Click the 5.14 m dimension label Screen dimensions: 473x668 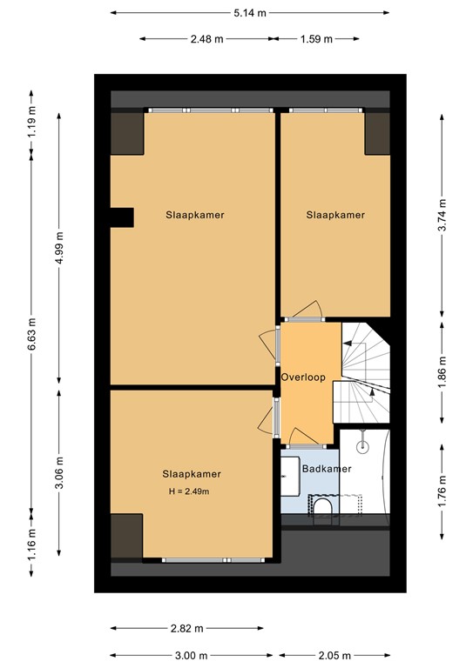[249, 13]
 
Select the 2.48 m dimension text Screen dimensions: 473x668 [206, 39]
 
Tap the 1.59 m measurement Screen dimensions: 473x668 [316, 39]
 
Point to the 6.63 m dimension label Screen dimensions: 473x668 [31, 334]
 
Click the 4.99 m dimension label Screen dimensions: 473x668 [60, 248]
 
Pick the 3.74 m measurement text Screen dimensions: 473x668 [443, 215]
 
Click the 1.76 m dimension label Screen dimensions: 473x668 [443, 491]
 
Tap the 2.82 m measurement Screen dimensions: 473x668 [186, 628]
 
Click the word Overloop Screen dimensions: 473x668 [303, 377]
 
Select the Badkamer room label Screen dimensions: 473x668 [327, 469]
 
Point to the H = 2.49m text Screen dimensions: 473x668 [189, 491]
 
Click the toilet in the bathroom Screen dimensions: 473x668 [322, 505]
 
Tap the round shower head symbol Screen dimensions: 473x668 [362, 445]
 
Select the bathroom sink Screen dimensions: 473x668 [290, 477]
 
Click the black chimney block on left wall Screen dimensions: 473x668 [123, 217]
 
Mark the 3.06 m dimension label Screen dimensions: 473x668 [60, 473]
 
